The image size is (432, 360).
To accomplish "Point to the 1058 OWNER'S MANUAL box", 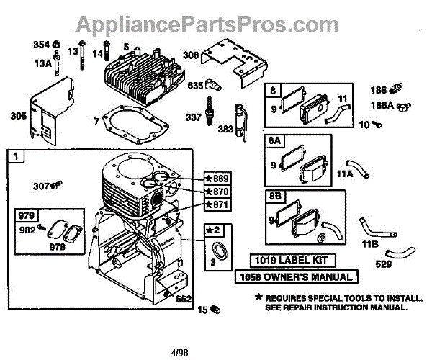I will (297, 276).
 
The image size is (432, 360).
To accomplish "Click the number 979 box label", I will (25, 215).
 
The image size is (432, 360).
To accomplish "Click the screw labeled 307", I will (60, 186).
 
